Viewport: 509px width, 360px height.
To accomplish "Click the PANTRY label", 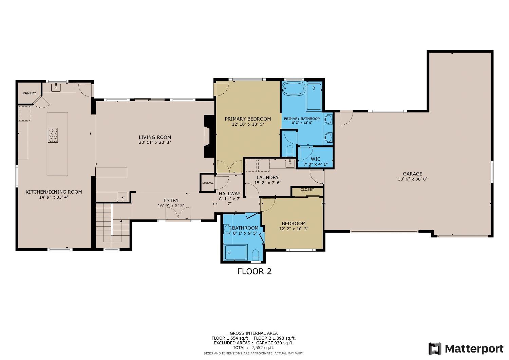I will pyautogui.click(x=29, y=93).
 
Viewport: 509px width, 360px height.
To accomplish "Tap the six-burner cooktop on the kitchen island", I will pyautogui.click(x=53, y=134).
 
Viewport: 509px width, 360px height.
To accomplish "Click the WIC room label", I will pyautogui.click(x=315, y=159).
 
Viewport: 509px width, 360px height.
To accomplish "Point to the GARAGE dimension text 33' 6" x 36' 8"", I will pyautogui.click(x=413, y=179).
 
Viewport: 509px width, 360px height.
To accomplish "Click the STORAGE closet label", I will pyautogui.click(x=208, y=183).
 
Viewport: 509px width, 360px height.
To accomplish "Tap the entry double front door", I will pyautogui.click(x=178, y=214).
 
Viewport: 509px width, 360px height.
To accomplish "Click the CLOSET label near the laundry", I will pyautogui.click(x=307, y=190).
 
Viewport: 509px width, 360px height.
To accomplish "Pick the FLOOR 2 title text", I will pyautogui.click(x=254, y=271).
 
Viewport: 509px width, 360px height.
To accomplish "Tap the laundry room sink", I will pyautogui.click(x=290, y=163).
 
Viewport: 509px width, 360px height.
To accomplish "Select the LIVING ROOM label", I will pyautogui.click(x=154, y=137).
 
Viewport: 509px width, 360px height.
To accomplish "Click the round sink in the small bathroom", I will pyautogui.click(x=227, y=229).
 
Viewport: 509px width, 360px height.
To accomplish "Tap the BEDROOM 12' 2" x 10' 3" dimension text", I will pyautogui.click(x=294, y=229).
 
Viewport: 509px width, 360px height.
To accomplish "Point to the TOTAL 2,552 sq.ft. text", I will pyautogui.click(x=253, y=348).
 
